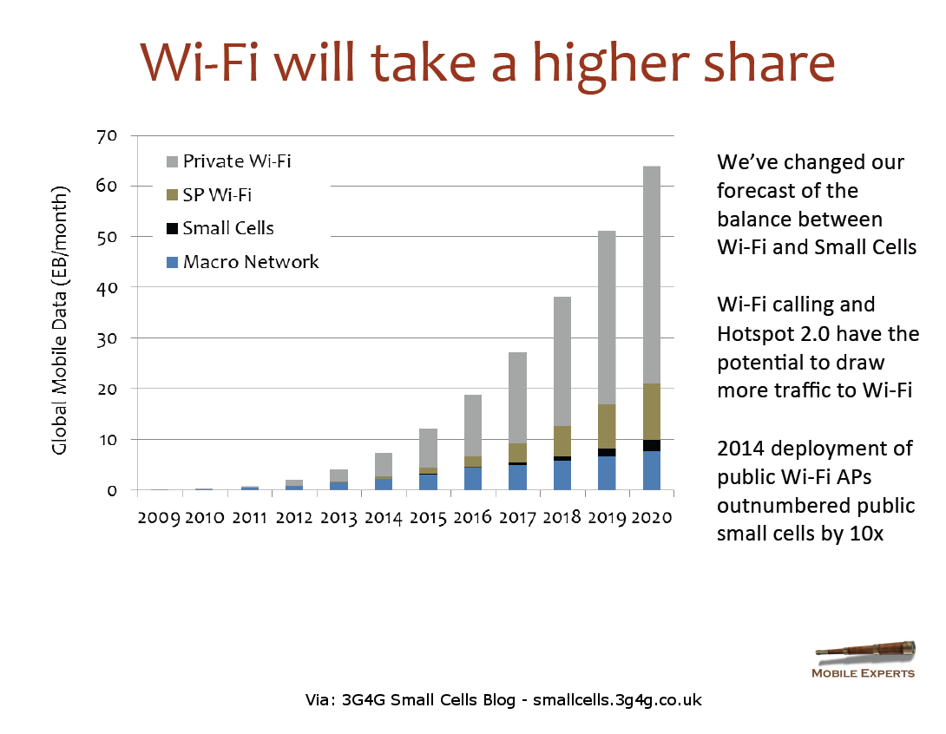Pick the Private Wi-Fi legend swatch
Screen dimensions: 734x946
click(171, 161)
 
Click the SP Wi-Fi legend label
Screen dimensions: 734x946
click(217, 195)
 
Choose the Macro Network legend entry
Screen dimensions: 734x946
click(250, 262)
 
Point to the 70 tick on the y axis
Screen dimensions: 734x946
click(108, 136)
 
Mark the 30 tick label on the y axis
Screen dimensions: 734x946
click(108, 338)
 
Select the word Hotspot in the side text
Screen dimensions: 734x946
click(752, 334)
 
